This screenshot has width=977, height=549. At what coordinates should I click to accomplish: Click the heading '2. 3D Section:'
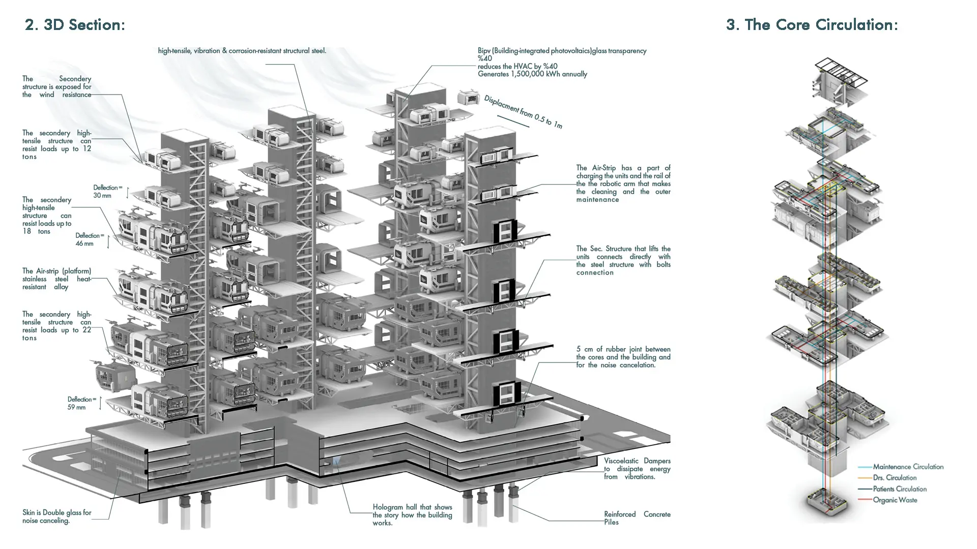click(75, 25)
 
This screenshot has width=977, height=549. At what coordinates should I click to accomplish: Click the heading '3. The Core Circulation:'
click(812, 25)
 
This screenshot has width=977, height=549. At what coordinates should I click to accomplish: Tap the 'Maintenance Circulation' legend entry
click(908, 467)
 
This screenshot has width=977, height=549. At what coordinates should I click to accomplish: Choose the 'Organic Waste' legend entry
click(895, 500)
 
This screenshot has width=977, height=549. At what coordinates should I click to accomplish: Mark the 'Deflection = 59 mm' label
click(81, 403)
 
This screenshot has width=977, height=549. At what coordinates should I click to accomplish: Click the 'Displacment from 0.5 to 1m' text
click(523, 112)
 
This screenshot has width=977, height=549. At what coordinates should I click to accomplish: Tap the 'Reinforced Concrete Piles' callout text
click(637, 518)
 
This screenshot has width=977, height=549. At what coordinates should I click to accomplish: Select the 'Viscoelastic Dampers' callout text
click(637, 469)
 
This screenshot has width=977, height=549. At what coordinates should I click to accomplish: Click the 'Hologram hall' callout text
click(412, 515)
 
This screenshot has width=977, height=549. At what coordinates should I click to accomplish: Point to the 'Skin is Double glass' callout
click(57, 516)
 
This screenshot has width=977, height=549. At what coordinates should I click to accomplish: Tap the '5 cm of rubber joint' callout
click(623, 357)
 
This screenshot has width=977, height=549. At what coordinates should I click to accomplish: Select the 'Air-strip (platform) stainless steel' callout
click(57, 279)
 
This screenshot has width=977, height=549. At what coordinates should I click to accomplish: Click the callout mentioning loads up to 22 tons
click(57, 326)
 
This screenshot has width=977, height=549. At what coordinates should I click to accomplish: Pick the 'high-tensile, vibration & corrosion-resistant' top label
click(242, 51)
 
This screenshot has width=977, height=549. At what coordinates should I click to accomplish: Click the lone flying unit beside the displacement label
click(468, 97)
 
